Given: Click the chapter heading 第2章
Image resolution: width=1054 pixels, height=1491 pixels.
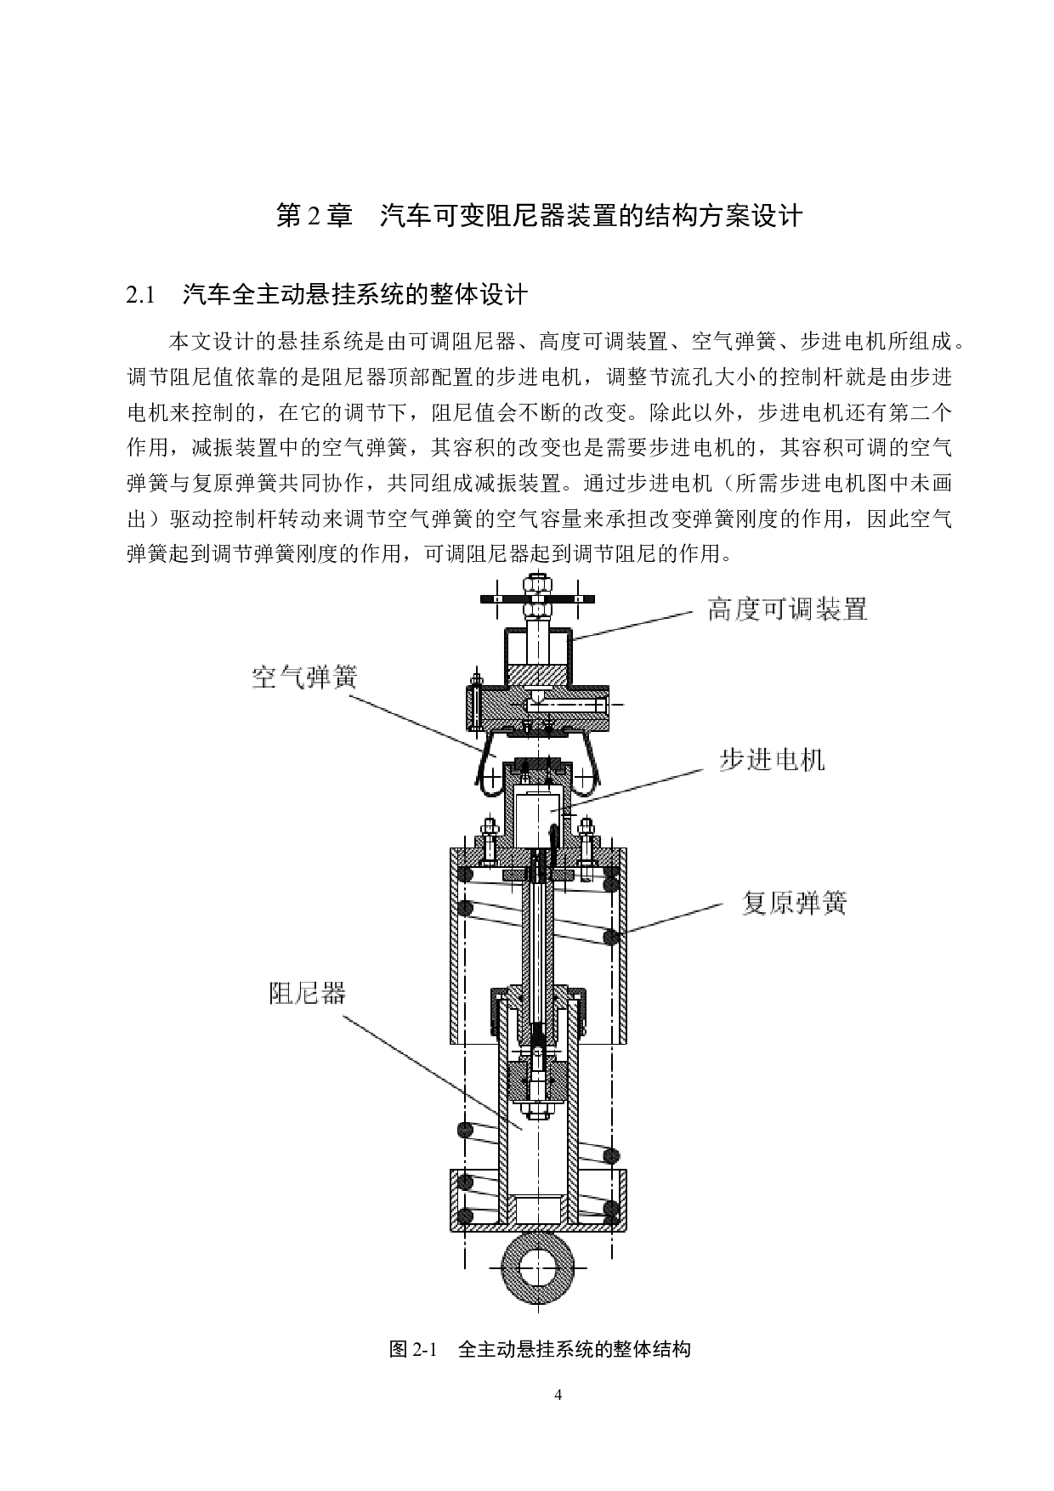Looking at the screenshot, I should pos(314,216).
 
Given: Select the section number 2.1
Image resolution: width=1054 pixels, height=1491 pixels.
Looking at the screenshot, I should pos(140,296).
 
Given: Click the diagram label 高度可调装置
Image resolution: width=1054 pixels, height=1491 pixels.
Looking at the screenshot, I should pos(787,609).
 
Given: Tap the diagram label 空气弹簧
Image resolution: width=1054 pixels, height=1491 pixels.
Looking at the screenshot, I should pos(304,677).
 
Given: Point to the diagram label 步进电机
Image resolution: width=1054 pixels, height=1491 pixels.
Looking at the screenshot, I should pos(772,759).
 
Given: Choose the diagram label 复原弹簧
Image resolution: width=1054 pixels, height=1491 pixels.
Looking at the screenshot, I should pos(794,902).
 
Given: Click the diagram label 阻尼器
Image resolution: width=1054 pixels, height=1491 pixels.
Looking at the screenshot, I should pos(308,992).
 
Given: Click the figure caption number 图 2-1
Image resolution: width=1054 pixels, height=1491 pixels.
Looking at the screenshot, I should pos(412,1349).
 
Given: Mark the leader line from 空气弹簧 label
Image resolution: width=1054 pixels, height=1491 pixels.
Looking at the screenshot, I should pos(416,723).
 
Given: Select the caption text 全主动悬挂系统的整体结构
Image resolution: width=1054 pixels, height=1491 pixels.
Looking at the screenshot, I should pos(574,1349).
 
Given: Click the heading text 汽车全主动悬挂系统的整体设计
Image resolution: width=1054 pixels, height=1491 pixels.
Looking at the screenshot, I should pos(355,296).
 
